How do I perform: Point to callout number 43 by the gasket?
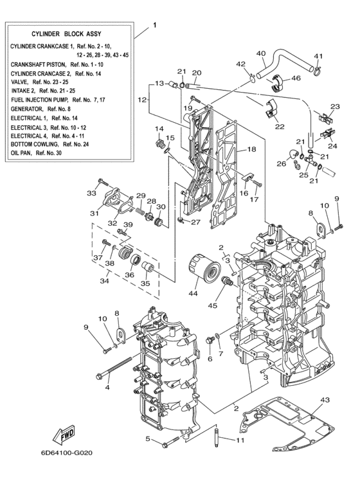coord(325,400)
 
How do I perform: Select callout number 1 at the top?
coord(154,26)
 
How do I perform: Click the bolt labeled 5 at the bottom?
coord(170,442)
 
